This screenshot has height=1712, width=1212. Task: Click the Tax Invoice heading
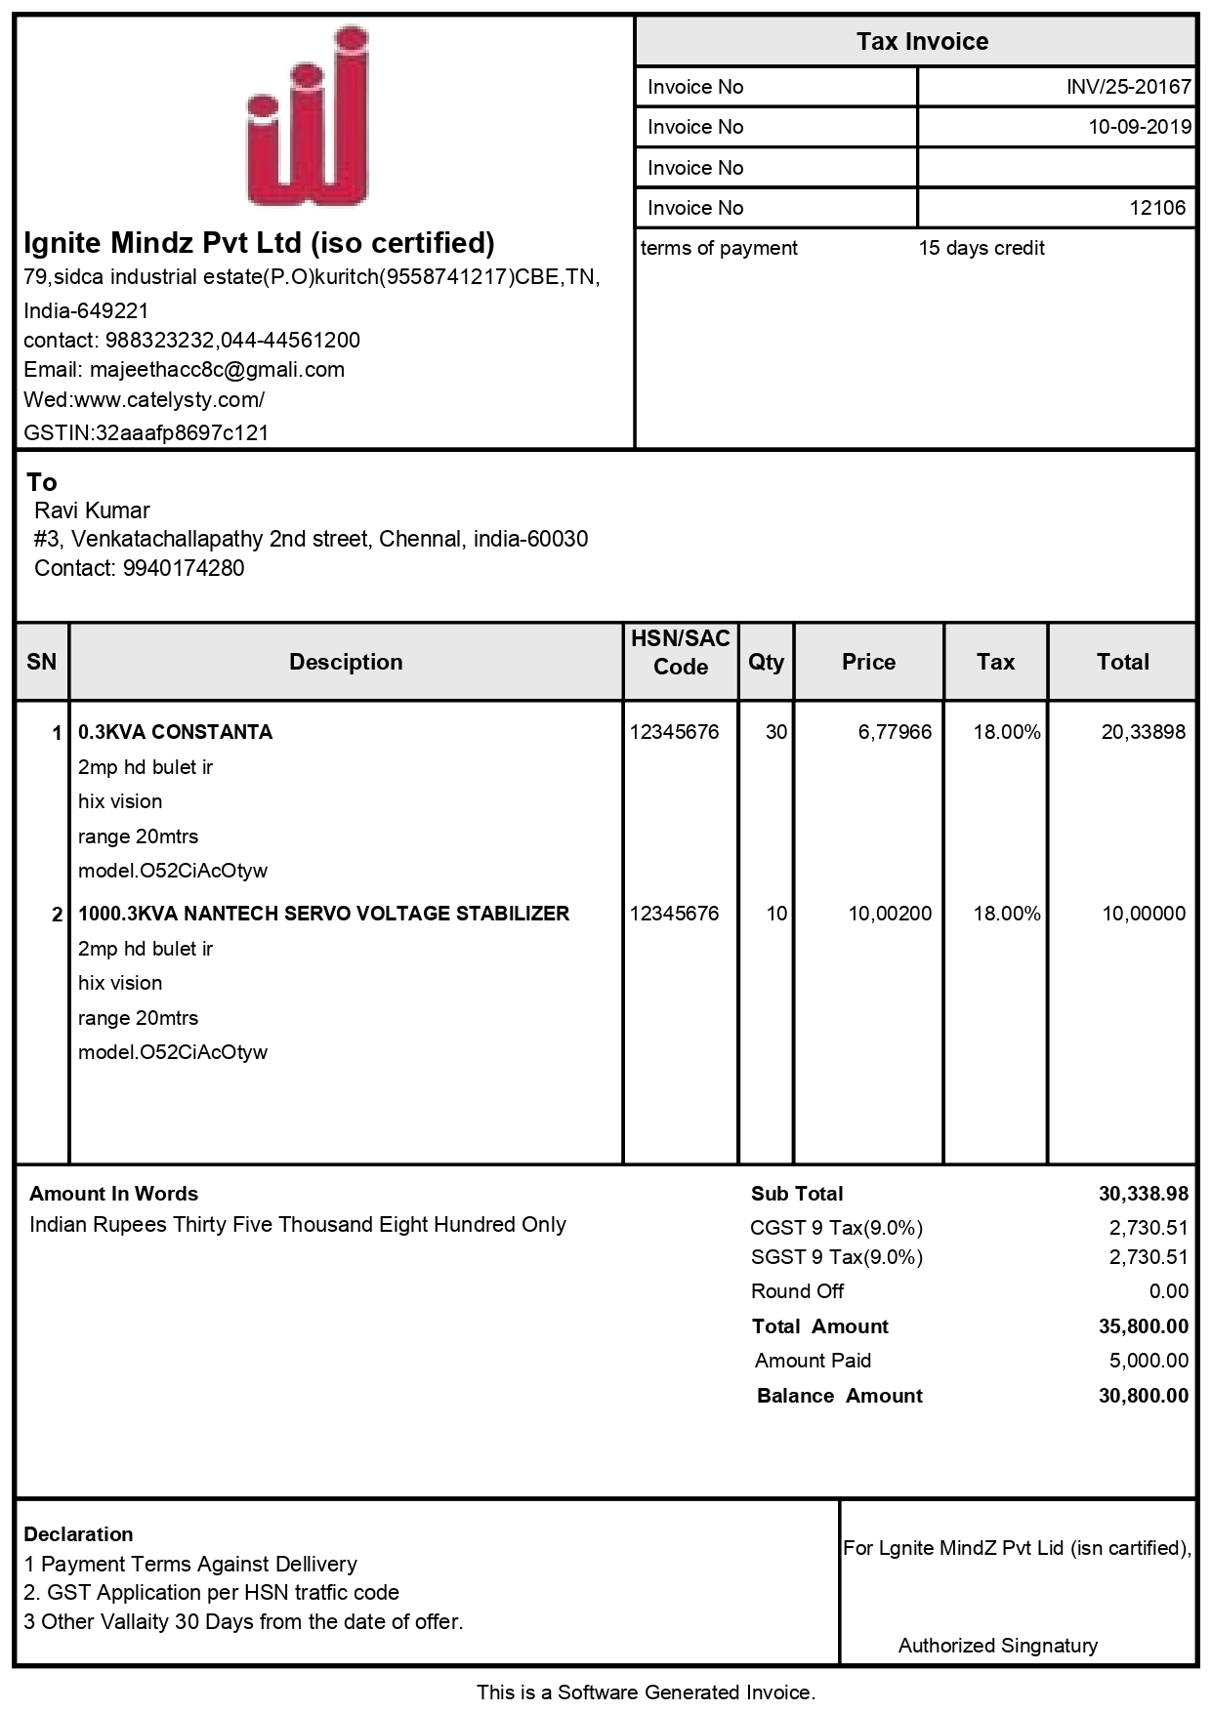click(922, 42)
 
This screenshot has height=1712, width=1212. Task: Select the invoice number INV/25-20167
click(1128, 87)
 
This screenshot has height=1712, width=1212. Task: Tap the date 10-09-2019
click(1140, 127)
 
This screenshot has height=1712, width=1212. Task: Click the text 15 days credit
click(981, 248)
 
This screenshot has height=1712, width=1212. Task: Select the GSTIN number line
click(146, 432)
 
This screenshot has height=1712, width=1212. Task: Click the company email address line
click(184, 370)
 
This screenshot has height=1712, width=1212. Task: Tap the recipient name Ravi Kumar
click(92, 510)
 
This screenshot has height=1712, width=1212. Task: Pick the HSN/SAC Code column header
click(680, 653)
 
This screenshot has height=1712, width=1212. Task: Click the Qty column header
click(766, 662)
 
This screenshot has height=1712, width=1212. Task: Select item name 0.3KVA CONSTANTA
click(175, 732)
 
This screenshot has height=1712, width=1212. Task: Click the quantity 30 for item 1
click(775, 732)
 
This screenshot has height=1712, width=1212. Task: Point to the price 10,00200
click(889, 914)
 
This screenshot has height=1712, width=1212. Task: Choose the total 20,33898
click(1143, 732)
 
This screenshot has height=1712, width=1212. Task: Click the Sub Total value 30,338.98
click(1143, 1194)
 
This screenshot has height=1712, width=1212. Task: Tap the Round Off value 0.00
click(1168, 1291)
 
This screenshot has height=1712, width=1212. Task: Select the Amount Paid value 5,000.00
click(1148, 1361)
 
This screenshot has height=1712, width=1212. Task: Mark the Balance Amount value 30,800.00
click(1143, 1396)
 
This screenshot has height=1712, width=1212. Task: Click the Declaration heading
click(78, 1534)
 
